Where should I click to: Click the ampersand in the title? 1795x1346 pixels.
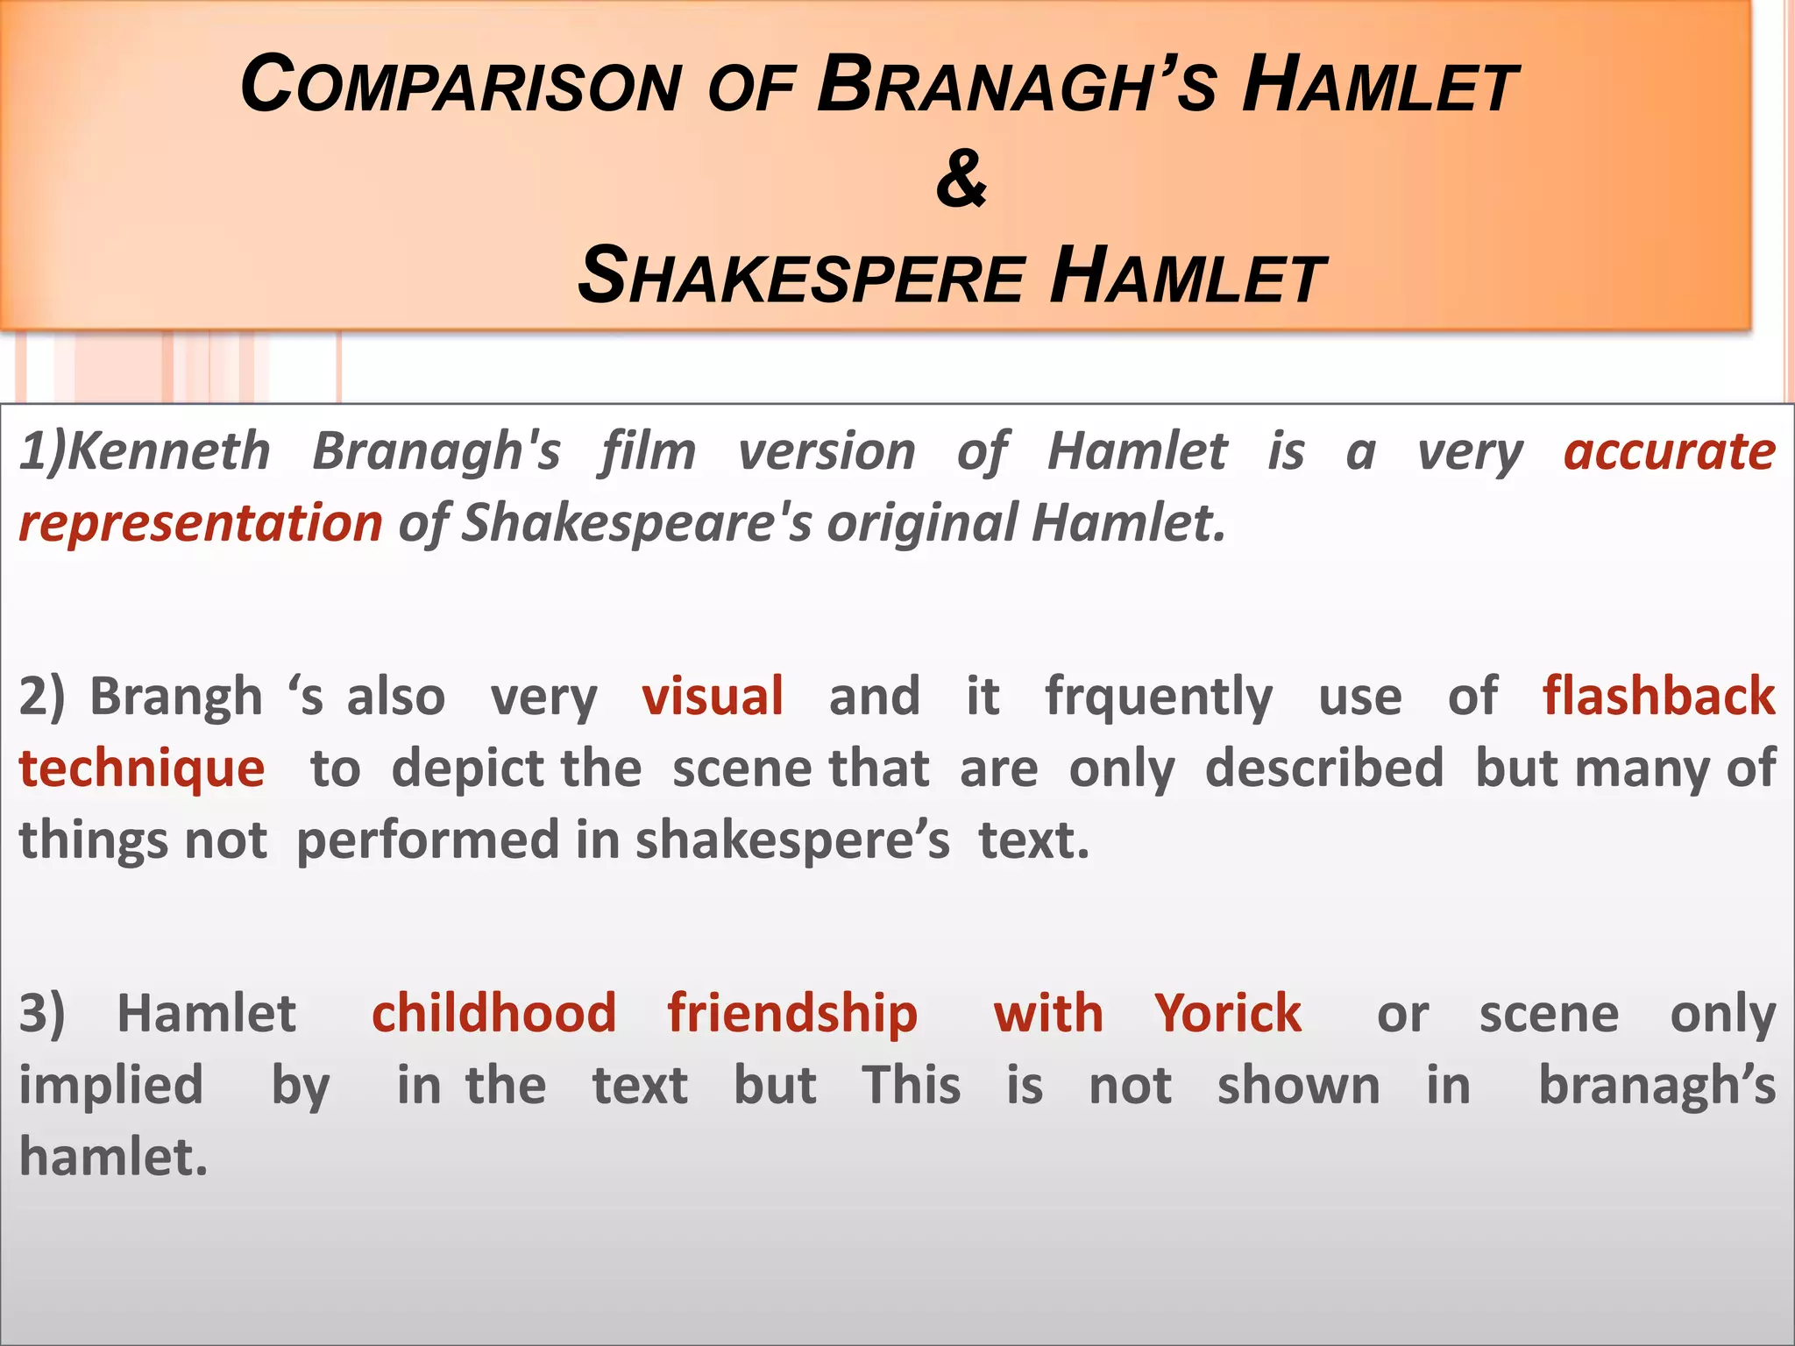pos(961,179)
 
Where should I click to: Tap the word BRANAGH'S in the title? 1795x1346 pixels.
pos(1017,86)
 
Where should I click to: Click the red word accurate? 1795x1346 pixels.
pos(1670,452)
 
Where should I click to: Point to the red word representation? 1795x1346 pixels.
pos(201,524)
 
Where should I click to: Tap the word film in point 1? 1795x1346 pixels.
pos(649,452)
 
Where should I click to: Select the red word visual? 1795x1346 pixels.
pos(713,697)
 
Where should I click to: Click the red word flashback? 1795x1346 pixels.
pos(1659,697)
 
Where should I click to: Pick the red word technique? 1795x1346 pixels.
pos(142,769)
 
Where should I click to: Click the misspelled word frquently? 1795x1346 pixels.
pos(1159,698)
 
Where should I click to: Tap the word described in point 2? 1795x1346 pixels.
pos(1324,769)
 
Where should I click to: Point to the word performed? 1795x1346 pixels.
pos(428,840)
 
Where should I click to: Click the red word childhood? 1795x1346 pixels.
pos(494,1014)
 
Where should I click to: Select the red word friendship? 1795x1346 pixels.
pos(792,1014)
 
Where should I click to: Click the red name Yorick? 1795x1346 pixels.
pos(1227,1014)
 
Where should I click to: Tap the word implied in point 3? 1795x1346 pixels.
pos(111,1086)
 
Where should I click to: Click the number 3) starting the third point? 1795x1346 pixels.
pos(42,1014)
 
